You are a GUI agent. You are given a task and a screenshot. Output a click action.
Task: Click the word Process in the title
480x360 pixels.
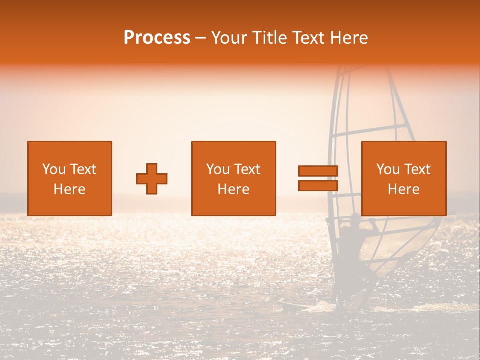(157, 38)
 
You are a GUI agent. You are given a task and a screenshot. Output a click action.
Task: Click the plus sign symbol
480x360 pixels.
(152, 179)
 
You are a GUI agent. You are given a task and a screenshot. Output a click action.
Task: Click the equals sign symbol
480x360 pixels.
(318, 178)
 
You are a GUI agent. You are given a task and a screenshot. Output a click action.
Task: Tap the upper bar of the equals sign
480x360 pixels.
(318, 171)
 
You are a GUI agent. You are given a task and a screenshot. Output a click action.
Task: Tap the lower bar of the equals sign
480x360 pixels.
(318, 186)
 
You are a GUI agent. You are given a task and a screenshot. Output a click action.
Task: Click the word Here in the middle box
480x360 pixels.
(233, 189)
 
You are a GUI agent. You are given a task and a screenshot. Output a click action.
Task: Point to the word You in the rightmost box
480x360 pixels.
(388, 169)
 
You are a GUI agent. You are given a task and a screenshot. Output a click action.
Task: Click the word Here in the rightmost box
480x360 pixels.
(403, 189)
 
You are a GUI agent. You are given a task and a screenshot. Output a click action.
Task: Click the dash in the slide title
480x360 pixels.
(201, 38)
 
